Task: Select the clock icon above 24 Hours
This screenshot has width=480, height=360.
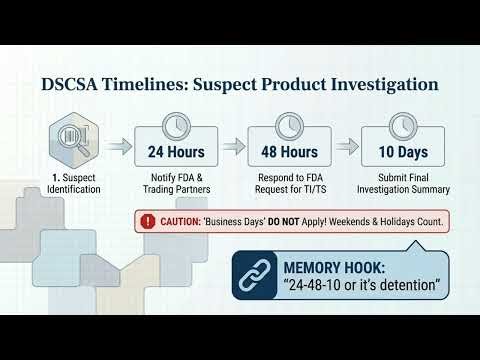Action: pyautogui.click(x=176, y=128)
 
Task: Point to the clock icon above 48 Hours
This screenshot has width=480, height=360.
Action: pyautogui.click(x=290, y=128)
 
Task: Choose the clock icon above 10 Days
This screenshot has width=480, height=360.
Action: pyautogui.click(x=404, y=128)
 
